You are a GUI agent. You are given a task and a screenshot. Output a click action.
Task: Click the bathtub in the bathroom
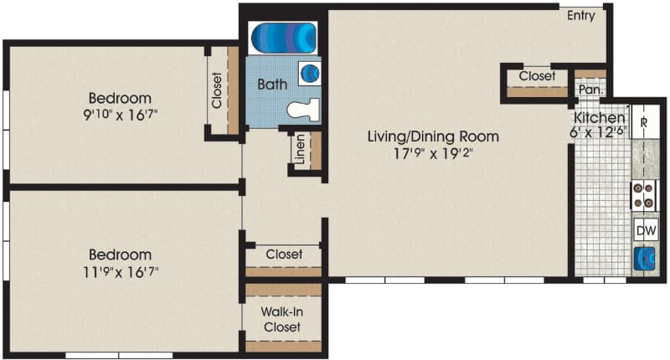(283, 38)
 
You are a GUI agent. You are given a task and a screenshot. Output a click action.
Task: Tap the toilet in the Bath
(303, 110)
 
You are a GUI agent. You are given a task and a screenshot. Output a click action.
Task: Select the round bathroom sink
(310, 74)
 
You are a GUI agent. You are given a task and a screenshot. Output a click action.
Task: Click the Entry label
(580, 16)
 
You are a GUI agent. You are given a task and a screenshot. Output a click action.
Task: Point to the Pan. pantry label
(591, 90)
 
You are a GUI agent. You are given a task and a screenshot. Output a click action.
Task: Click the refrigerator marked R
(645, 121)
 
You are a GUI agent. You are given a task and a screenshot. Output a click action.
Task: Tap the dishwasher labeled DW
(646, 230)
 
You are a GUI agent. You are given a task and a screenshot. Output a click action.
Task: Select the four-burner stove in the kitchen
(644, 195)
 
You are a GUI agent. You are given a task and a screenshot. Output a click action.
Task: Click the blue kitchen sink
(645, 259)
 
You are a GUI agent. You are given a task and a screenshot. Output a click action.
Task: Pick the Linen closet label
(301, 149)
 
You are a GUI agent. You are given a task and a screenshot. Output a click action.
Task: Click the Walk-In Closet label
(282, 320)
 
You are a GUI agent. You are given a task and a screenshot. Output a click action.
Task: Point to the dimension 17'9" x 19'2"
(433, 153)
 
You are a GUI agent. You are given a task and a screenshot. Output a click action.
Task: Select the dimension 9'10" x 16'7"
(121, 115)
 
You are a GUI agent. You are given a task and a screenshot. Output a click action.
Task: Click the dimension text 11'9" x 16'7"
(121, 271)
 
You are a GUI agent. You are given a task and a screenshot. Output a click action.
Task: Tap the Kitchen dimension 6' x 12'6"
(598, 131)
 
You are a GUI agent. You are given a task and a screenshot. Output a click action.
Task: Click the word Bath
(271, 84)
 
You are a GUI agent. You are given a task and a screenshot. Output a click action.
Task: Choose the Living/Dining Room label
(433, 136)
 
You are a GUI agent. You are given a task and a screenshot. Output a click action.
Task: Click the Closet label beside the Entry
(537, 76)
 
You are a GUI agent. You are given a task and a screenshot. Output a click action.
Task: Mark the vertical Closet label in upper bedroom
(217, 90)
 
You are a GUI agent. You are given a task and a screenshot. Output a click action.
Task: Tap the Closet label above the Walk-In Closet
(284, 254)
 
